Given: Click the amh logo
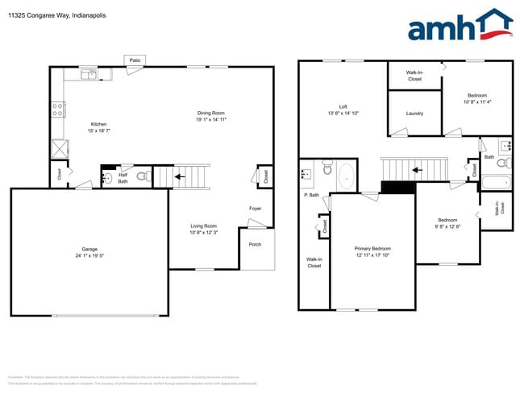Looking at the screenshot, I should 460,26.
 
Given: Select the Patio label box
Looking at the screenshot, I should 135,60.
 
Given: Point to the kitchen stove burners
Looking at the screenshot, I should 58,110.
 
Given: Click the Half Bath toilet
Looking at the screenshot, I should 140,175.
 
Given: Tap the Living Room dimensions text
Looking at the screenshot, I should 203,233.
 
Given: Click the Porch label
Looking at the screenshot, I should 254,244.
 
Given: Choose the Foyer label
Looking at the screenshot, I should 255,209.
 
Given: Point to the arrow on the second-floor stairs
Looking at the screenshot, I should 416,170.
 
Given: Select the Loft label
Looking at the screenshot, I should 343,106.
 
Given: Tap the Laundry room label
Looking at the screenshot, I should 414,114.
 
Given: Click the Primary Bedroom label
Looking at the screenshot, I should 372,249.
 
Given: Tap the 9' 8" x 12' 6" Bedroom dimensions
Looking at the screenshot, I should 447,226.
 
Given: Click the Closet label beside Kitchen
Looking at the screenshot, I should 59,172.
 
